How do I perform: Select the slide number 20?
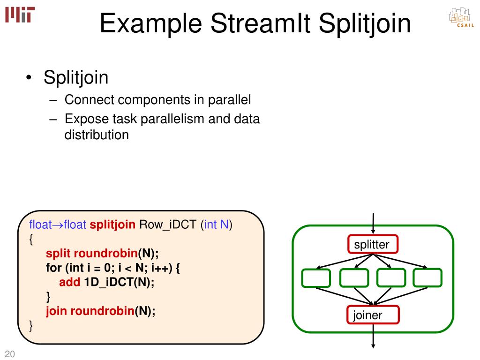click(x=10, y=354)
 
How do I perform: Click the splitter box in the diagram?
click(x=372, y=244)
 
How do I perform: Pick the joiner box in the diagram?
click(x=373, y=315)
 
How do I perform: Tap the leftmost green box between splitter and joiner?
click(x=316, y=278)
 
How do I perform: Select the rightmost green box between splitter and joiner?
click(x=427, y=278)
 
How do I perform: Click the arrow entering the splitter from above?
click(x=373, y=224)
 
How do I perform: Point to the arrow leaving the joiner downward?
click(x=373, y=336)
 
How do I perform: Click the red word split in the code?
click(x=58, y=254)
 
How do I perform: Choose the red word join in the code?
click(x=57, y=311)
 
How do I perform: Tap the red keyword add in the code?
click(x=69, y=282)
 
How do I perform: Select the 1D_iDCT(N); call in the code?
click(x=119, y=282)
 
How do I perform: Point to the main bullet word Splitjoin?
click(x=76, y=77)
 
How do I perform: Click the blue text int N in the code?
click(x=216, y=225)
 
